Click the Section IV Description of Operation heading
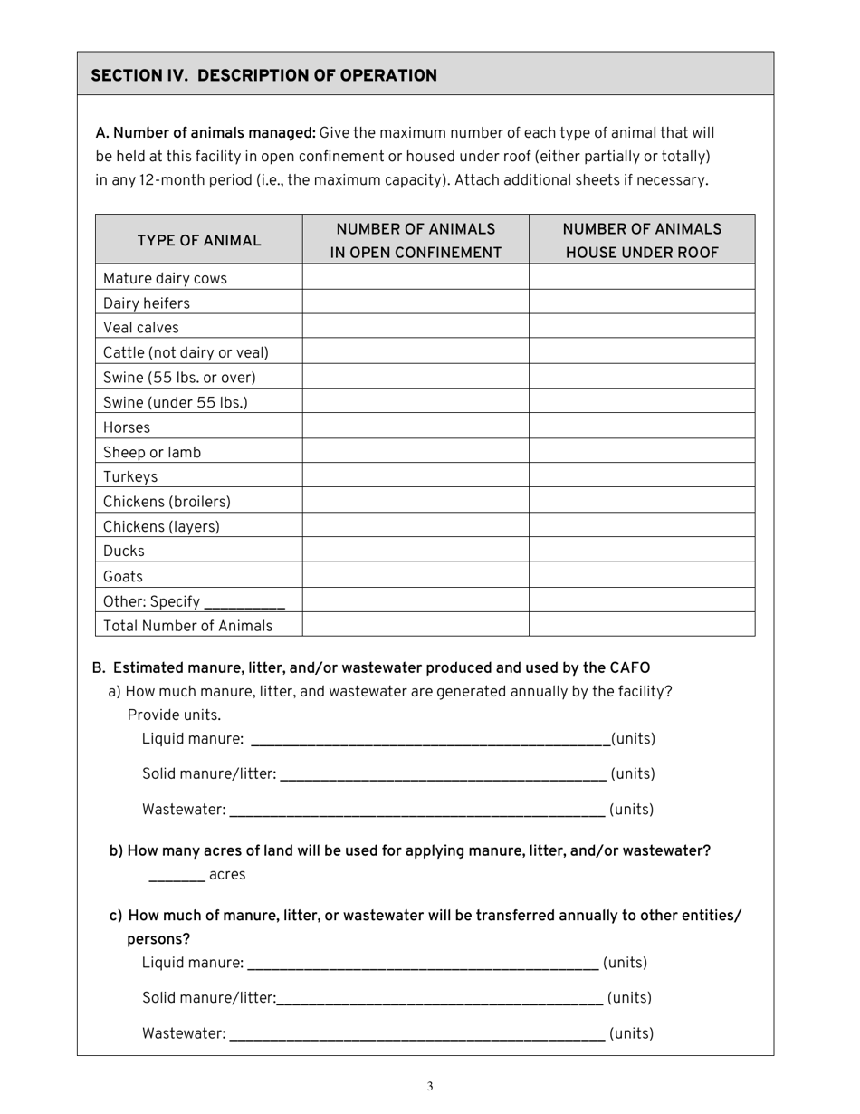263,75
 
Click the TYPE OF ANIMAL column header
198,240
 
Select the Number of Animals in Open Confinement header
416,240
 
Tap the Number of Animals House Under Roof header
642,240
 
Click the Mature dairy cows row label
165,278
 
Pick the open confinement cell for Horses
416,427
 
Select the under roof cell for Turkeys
642,476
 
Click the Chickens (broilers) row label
167,501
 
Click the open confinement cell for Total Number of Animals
416,625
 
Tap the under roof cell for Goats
642,575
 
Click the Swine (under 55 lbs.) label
175,402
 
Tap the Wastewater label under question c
184,1032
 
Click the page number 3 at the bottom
430,1086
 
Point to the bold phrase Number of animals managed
205,133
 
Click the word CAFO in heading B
629,667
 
